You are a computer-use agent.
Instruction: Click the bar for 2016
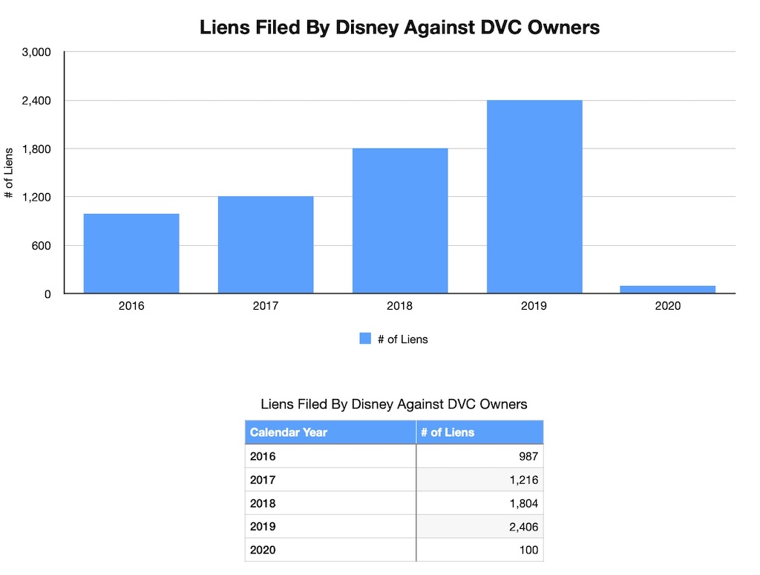click(x=131, y=253)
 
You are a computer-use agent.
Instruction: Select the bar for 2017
click(x=266, y=244)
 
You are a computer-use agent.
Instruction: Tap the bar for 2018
click(x=400, y=221)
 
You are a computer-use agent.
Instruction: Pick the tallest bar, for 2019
click(x=534, y=197)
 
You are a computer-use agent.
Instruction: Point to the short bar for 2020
click(x=669, y=289)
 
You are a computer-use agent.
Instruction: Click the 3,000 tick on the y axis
click(x=36, y=52)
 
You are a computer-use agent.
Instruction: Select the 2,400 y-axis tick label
click(x=36, y=100)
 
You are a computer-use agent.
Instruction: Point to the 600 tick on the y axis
click(x=42, y=245)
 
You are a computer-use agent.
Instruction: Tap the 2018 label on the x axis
click(x=400, y=306)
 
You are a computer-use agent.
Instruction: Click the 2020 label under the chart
click(x=669, y=306)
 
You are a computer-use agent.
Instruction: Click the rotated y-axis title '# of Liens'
click(x=9, y=173)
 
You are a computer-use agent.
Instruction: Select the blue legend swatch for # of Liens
click(x=365, y=339)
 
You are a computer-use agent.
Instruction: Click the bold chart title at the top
click(x=399, y=28)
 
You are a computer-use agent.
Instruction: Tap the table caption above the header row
click(x=394, y=404)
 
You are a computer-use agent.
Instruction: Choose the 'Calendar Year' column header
click(x=289, y=432)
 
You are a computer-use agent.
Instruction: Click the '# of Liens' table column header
click(x=448, y=432)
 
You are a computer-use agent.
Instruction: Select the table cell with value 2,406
click(x=524, y=527)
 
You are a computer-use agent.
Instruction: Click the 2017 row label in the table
click(x=263, y=480)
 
